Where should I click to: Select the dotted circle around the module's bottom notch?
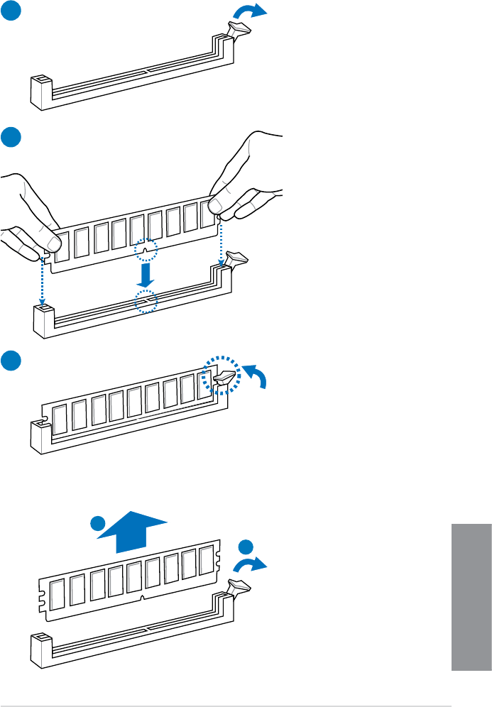[146, 250]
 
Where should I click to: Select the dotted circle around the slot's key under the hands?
[146, 302]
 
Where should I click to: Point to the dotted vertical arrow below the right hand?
[221, 241]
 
